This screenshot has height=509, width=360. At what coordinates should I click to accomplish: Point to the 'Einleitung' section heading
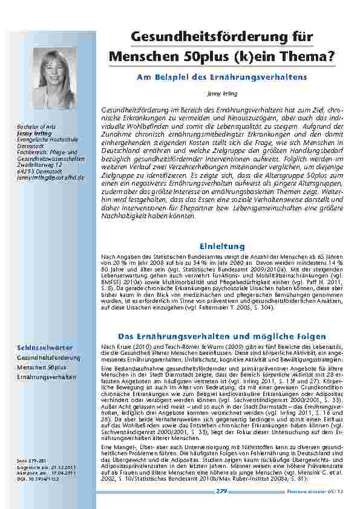tap(221, 246)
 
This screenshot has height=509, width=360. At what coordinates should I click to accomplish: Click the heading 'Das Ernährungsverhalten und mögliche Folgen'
tap(221, 336)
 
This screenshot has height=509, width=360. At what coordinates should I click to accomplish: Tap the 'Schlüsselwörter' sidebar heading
tap(45, 348)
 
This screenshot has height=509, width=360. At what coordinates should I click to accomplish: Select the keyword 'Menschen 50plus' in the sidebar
tap(42, 367)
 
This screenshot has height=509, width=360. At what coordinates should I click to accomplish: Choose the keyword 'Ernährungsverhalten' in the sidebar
tap(47, 377)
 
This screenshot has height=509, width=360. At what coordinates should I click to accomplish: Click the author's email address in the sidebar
tap(51, 178)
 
